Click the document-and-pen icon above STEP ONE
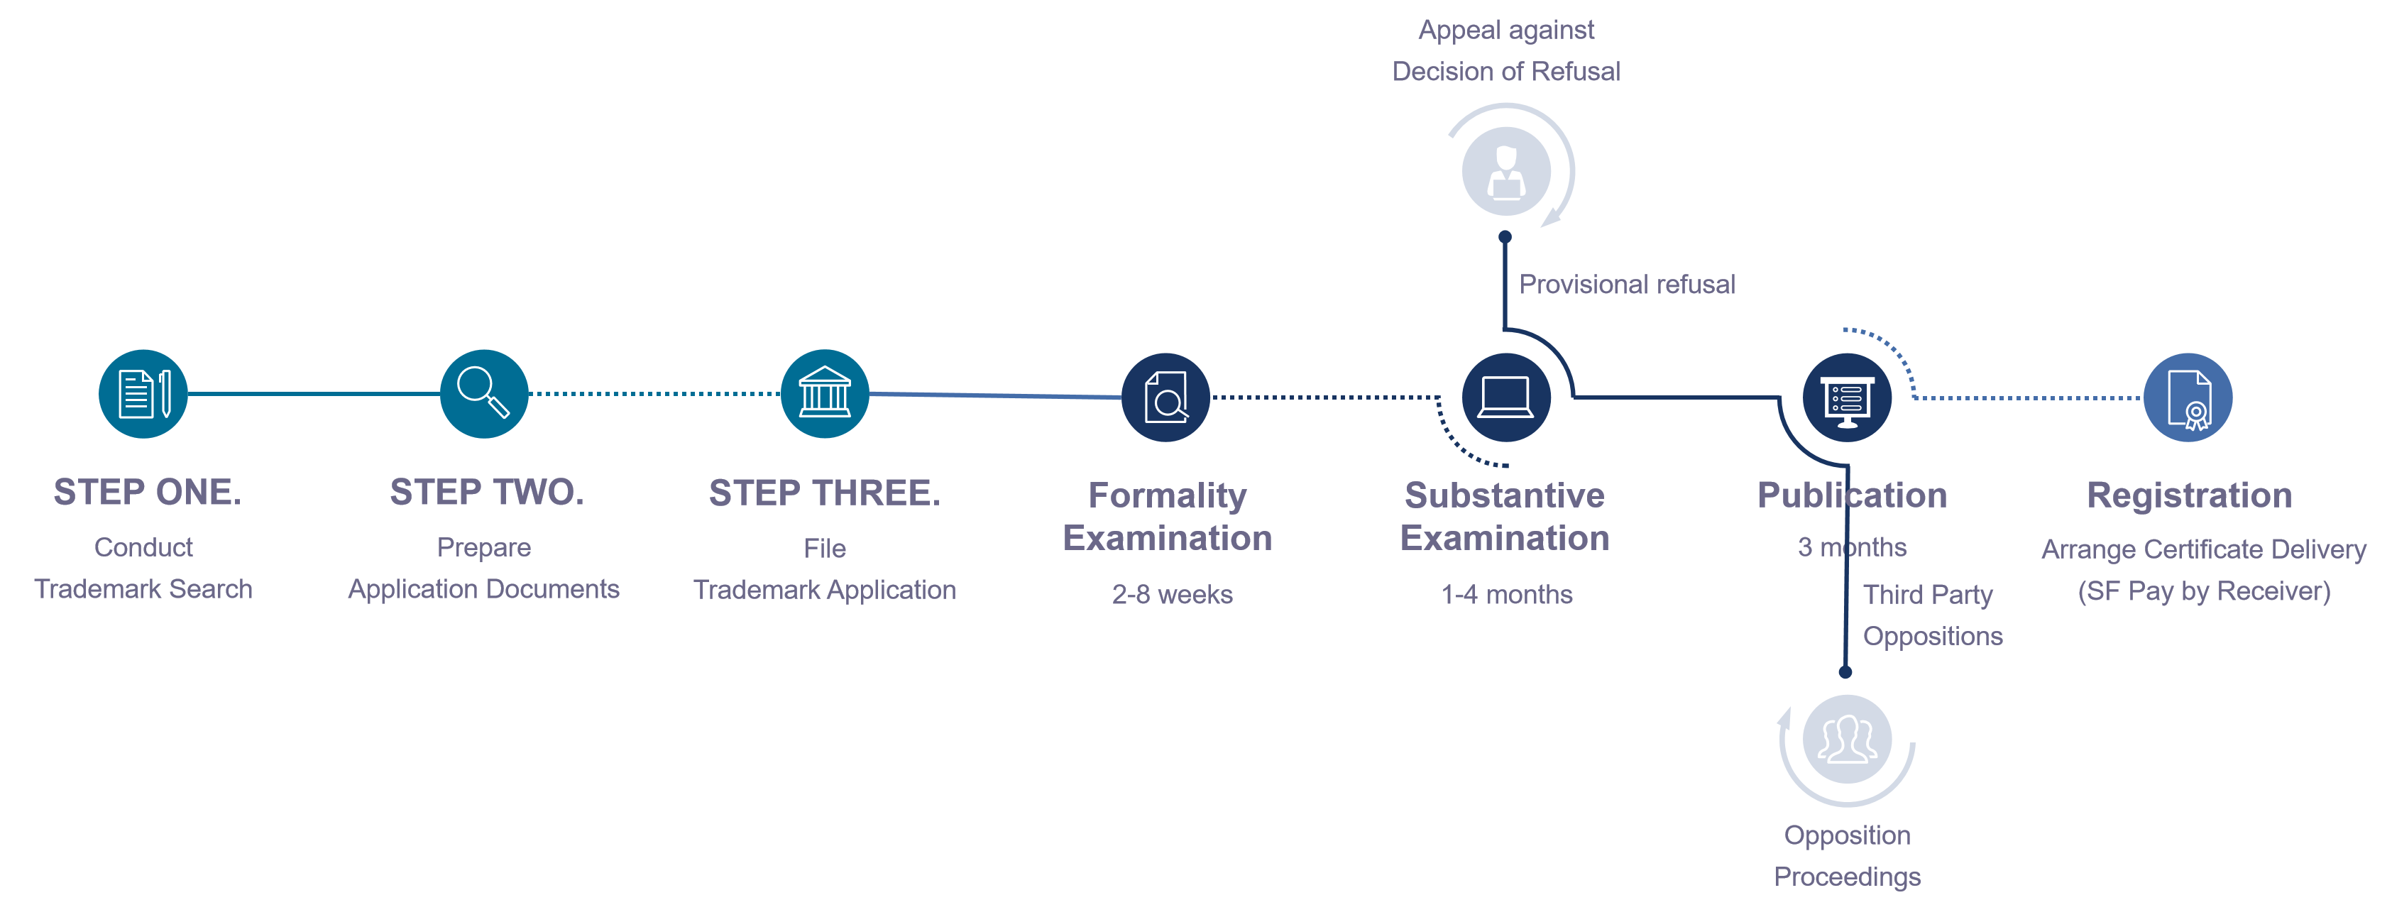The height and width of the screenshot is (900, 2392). point(143,394)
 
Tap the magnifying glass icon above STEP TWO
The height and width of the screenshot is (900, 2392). point(484,394)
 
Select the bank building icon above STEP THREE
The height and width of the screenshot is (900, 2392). point(825,394)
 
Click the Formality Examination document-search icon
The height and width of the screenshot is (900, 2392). point(1165,397)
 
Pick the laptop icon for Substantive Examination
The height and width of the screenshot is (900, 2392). point(1505,397)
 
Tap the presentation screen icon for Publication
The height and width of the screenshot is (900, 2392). point(1847,397)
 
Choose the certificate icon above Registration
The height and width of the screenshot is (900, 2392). point(2188,397)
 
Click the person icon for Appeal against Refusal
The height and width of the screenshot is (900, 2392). point(1506,171)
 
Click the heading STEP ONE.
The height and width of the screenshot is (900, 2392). point(147,493)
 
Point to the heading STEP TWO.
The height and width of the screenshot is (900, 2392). point(487,493)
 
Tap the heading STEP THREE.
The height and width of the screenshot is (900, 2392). point(825,493)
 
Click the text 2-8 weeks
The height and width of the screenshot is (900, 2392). point(1172,594)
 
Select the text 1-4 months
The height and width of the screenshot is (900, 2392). point(1506,594)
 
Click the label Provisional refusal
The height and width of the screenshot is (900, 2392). point(1627,284)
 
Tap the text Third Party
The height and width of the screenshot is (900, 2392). point(1928,593)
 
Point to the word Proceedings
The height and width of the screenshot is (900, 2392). point(1847,876)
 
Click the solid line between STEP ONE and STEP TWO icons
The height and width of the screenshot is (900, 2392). point(314,394)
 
